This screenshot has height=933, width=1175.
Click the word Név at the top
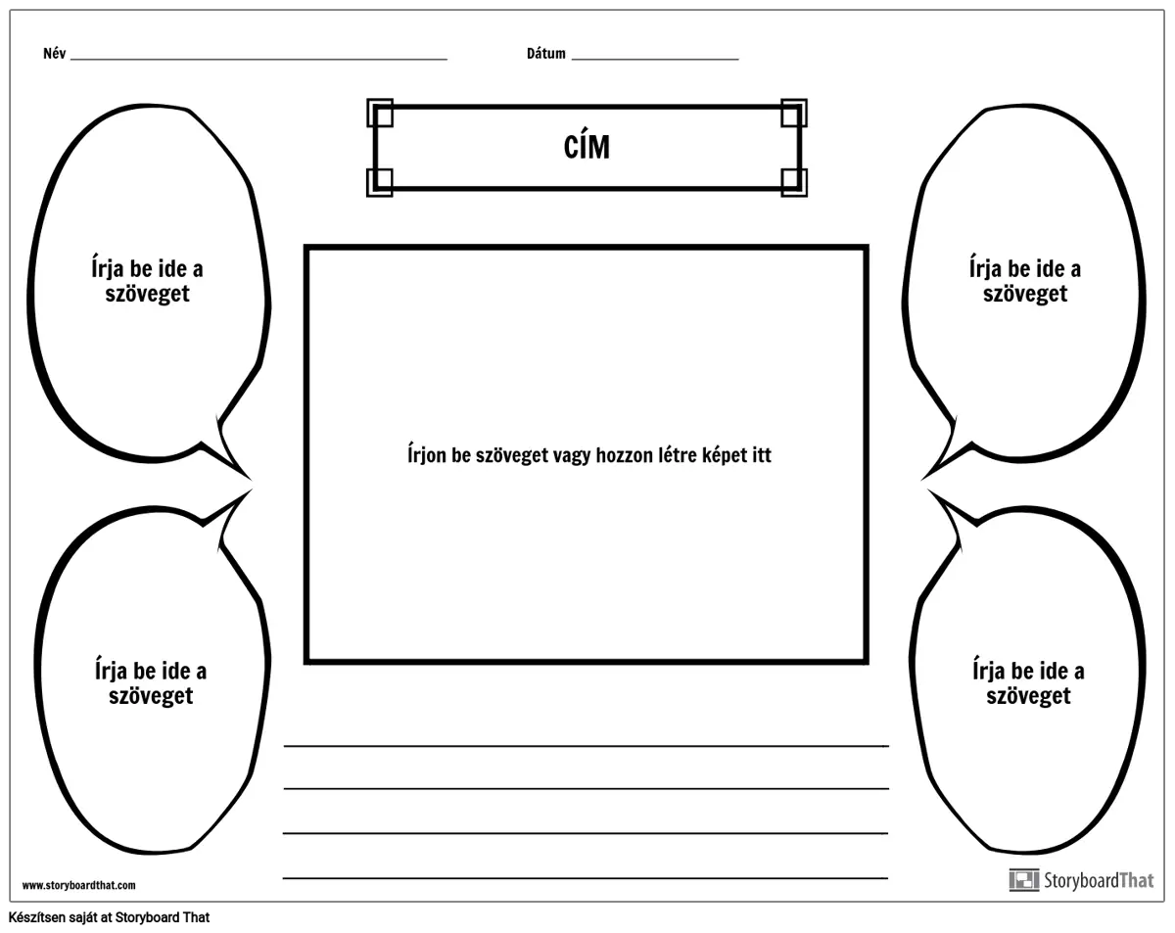pos(55,54)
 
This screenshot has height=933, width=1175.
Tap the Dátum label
pos(546,54)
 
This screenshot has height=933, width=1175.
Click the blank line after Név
pos(258,59)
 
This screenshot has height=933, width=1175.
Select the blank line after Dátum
pos(655,59)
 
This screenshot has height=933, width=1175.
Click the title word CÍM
pos(587,148)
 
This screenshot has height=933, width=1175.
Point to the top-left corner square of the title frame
pos(380,113)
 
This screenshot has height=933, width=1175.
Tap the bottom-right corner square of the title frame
pos(794,182)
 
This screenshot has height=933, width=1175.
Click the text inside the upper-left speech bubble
pos(148,281)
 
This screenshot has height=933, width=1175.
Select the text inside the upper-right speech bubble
pos(1025,281)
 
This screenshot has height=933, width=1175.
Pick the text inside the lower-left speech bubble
pos(151,683)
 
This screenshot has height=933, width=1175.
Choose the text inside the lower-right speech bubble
pos(1028,683)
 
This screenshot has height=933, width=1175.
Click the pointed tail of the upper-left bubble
pos(252,480)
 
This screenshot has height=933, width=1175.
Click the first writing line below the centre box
pos(586,746)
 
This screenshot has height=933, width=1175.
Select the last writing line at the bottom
pos(586,878)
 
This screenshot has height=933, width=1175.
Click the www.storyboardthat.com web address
pos(79,885)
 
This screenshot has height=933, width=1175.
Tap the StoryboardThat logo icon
pos(1024,880)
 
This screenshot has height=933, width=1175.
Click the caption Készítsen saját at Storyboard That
pos(110,917)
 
